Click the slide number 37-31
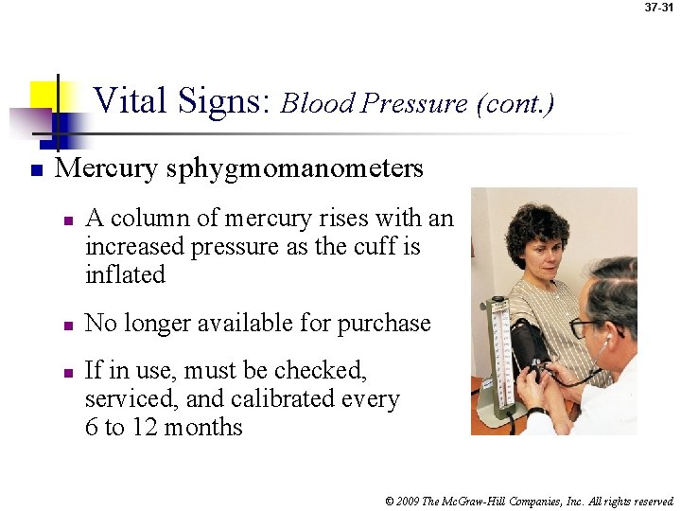point(660,7)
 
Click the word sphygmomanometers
point(294,169)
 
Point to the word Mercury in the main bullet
point(107,168)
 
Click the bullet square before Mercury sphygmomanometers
point(34,171)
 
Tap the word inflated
point(125,275)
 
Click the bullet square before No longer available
point(67,326)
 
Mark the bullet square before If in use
point(67,372)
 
